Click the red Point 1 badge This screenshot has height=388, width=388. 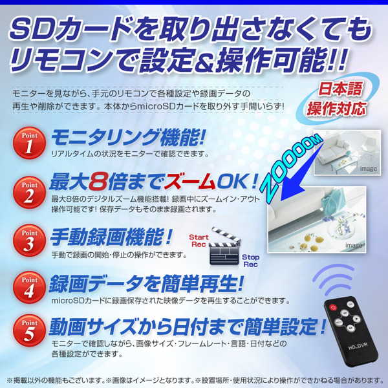[29, 143]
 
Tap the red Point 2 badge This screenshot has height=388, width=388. [29, 192]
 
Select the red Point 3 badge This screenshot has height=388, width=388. [29, 241]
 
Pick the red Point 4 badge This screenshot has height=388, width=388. [29, 287]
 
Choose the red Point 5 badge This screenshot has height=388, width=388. [29, 330]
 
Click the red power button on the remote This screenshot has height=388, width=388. [333, 308]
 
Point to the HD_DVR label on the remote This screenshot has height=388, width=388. [358, 346]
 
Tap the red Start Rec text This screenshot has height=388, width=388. [199, 241]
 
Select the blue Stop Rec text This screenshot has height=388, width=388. [250, 261]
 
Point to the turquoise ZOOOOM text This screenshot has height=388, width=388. [292, 168]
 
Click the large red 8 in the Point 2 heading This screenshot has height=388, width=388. [98, 182]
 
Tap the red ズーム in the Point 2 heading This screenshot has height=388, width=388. [189, 182]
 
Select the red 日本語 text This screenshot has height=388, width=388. [340, 89]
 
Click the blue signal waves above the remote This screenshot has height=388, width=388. [333, 278]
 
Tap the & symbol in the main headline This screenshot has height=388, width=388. [204, 61]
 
